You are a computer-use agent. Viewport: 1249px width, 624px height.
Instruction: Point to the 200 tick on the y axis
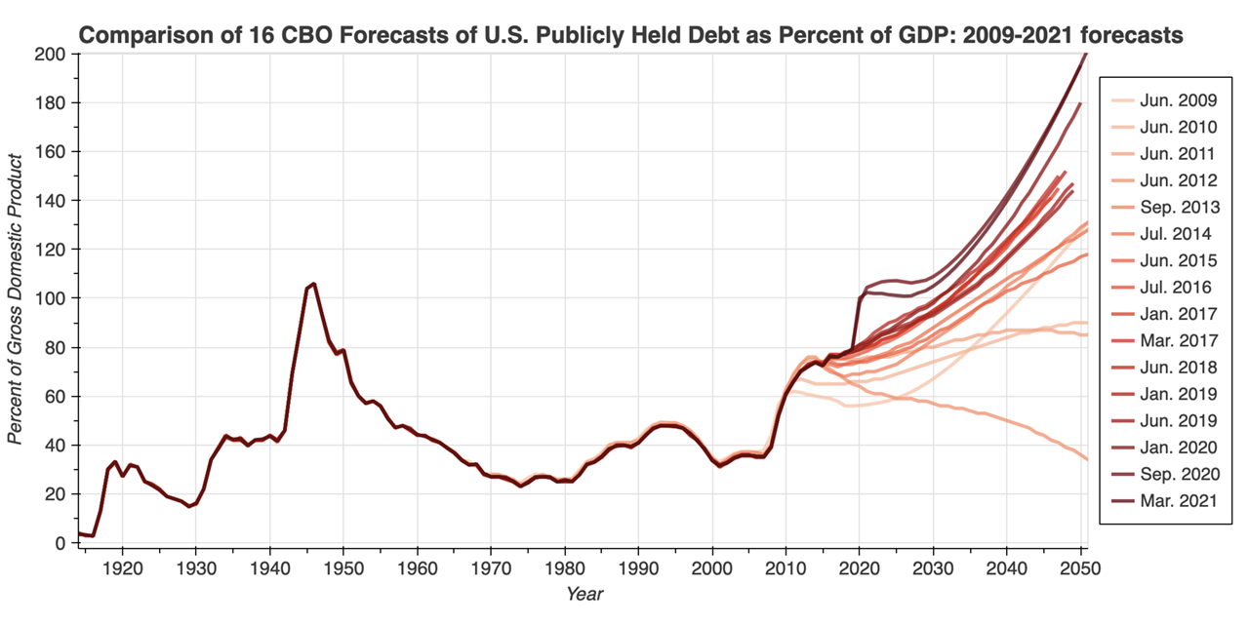[x=52, y=55]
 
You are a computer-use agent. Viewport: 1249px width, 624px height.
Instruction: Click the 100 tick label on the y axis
[x=52, y=298]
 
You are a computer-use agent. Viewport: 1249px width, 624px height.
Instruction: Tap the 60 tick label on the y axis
[x=56, y=397]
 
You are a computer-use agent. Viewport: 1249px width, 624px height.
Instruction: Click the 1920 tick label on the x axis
[x=123, y=568]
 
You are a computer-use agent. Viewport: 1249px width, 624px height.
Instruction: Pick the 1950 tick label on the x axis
[x=343, y=568]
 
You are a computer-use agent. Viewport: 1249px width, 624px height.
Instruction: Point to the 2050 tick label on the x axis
[x=1079, y=568]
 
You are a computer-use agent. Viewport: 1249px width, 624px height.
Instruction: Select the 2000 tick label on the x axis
[x=711, y=568]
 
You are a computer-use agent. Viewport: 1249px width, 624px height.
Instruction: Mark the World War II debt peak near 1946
[x=313, y=284]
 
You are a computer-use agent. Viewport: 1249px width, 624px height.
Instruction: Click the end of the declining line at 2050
[x=1086, y=459]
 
